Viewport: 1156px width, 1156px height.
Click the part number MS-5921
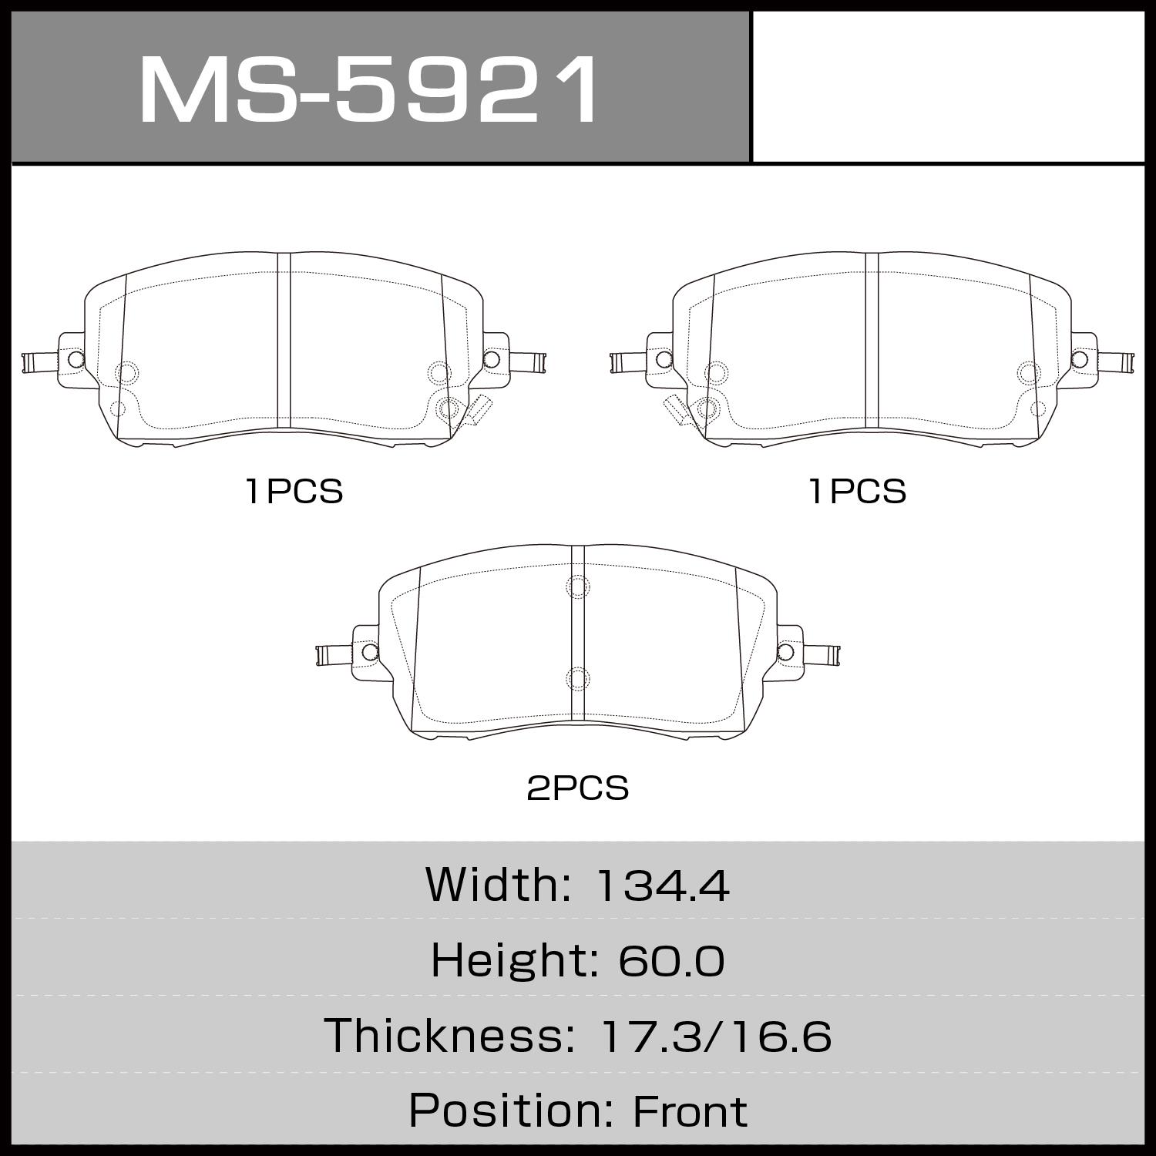tap(368, 89)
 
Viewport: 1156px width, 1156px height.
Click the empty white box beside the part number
tap(948, 86)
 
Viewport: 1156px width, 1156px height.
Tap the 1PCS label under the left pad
tap(294, 492)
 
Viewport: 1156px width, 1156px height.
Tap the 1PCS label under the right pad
tap(857, 492)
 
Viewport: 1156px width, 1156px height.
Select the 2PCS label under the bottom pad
tap(577, 788)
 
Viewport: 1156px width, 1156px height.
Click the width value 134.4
tap(663, 885)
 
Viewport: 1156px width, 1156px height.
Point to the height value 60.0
tap(670, 961)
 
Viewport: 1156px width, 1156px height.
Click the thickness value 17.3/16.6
tap(714, 1036)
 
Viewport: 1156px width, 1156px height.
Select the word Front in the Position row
tap(690, 1111)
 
